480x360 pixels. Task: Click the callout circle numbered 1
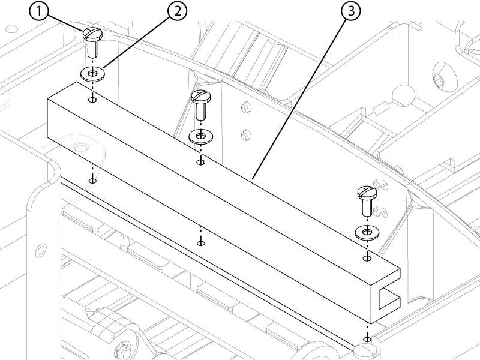coord(39,11)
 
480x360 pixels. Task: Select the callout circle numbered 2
coord(177,11)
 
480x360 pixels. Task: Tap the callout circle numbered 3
coord(350,11)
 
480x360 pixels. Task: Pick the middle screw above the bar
coord(200,104)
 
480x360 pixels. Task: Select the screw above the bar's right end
coord(367,200)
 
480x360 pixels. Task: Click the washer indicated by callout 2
coord(92,74)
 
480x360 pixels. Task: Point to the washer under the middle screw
coord(201,136)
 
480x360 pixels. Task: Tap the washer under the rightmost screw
coord(367,232)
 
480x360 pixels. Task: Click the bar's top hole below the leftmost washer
coord(93,100)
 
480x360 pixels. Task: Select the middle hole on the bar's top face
coord(200,162)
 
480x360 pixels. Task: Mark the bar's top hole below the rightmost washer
coord(367,259)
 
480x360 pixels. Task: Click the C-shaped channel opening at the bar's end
coord(389,298)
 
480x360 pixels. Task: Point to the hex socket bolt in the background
coord(439,79)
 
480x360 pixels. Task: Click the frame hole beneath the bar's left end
coord(92,181)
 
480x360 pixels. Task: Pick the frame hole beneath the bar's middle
coord(200,244)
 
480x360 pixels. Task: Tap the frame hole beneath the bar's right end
coord(367,339)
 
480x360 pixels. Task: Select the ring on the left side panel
coord(41,250)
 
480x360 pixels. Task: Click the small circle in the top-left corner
coord(12,29)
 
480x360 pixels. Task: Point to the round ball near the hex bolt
coord(403,95)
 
